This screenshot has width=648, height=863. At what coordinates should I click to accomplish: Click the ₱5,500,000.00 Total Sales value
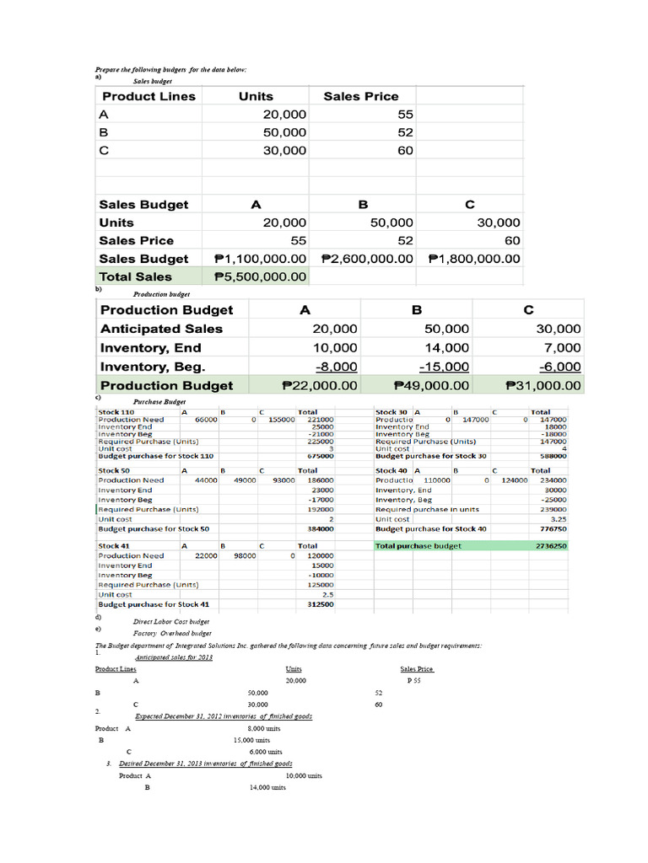pos(261,276)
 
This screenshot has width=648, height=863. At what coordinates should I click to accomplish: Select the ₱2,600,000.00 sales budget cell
pos(367,259)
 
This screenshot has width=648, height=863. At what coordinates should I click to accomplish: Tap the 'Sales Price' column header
pos(360,96)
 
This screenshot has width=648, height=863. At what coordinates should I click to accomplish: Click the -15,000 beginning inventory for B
pos(444,367)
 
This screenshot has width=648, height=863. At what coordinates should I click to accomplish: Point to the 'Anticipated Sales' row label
pos(161,329)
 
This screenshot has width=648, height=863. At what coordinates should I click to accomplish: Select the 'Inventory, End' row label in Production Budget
pos(150,347)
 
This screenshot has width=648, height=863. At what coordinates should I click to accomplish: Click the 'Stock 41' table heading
pos(114,546)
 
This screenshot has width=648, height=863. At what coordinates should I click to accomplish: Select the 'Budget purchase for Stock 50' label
pos(154,529)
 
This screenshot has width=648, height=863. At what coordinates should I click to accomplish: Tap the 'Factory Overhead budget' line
pos(172,633)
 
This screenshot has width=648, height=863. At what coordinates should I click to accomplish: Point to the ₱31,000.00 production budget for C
pos(543,385)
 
